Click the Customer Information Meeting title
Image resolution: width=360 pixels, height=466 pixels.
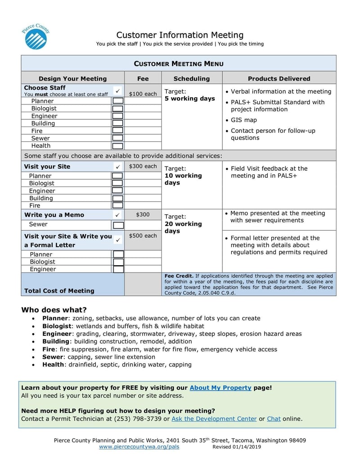pos(180,35)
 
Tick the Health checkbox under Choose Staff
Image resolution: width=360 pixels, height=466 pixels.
pos(117,146)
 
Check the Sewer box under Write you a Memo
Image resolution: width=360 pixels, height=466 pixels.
pos(118,225)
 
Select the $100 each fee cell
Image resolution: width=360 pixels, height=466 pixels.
pos(143,94)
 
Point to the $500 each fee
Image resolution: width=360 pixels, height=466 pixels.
pos(143,236)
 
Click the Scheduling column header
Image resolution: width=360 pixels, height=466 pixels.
pos(192,78)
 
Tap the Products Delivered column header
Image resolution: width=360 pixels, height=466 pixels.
pos(279,78)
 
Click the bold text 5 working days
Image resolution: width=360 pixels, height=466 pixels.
pos(190,99)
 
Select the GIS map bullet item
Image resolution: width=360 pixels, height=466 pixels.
pos(243,120)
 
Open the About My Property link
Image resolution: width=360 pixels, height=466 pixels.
pos(220,388)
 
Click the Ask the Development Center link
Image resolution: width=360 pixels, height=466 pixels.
pos(214,419)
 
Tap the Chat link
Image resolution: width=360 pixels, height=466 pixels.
pos(274,419)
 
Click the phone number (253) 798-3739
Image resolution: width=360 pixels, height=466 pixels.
pos(139,419)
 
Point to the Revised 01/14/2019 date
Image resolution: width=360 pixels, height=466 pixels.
pos(237,447)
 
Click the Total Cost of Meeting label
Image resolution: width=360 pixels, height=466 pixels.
pos(59,291)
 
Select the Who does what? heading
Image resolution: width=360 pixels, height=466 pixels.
pos(54,310)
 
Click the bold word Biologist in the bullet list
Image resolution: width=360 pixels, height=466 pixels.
pos(57,326)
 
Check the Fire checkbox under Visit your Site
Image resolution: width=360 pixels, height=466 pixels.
pos(117,206)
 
